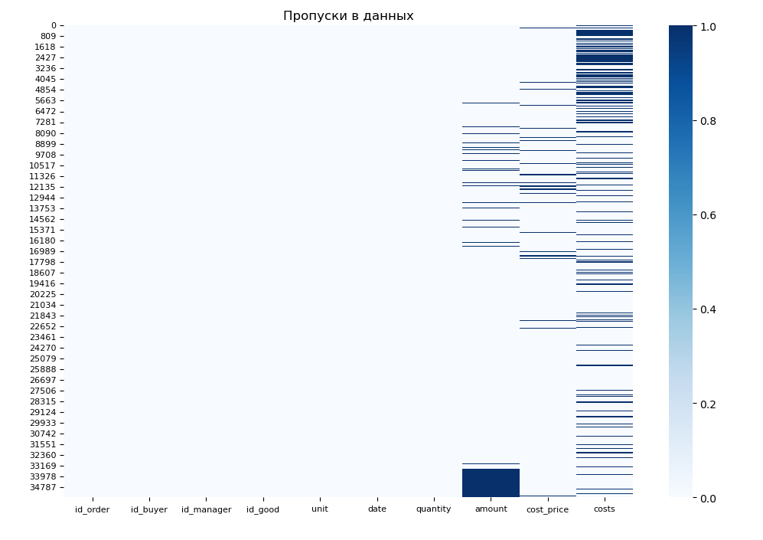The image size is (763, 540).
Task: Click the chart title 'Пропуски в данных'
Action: click(x=348, y=16)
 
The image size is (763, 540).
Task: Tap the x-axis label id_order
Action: click(x=92, y=509)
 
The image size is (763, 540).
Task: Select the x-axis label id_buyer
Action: click(x=149, y=509)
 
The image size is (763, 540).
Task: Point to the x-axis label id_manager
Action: click(x=206, y=509)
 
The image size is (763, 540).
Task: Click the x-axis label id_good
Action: click(x=262, y=509)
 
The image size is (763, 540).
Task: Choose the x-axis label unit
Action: click(x=320, y=509)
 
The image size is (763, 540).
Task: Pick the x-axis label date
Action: click(x=377, y=509)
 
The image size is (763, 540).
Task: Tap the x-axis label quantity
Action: click(x=433, y=509)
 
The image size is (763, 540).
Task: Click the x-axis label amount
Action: click(x=491, y=509)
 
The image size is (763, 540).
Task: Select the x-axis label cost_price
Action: click(x=547, y=510)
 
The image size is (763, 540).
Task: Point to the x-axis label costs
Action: click(x=604, y=509)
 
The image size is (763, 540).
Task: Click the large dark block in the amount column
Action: click(x=491, y=483)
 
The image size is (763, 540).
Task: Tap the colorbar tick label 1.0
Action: click(x=706, y=26)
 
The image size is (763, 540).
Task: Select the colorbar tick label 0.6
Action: click(x=706, y=215)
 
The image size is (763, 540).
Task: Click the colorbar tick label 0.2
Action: click(x=706, y=404)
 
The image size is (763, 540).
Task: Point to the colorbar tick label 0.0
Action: click(x=706, y=498)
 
